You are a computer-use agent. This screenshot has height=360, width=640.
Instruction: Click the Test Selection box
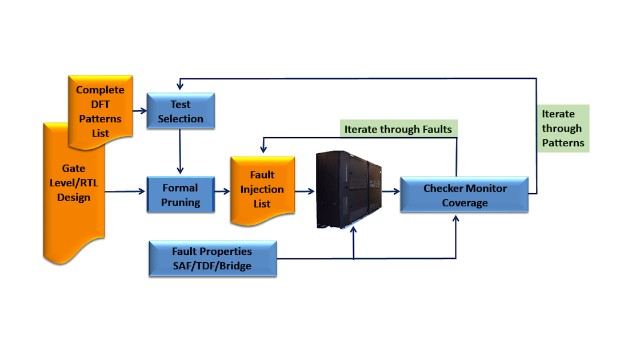pos(181,111)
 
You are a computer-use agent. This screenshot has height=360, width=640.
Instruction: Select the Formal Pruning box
pos(181,194)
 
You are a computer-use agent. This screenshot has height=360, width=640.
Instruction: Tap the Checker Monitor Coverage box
pos(464,195)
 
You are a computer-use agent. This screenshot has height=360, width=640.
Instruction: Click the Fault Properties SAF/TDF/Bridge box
pos(212,258)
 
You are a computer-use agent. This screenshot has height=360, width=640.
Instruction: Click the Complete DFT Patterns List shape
pos(100,111)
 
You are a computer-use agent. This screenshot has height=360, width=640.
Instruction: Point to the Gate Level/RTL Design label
pos(73,183)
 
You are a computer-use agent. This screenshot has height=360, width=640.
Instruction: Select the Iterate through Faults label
pos(398,129)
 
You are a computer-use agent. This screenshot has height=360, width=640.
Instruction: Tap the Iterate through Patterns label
pos(562,129)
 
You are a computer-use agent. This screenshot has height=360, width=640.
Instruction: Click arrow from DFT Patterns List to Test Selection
pos(139,111)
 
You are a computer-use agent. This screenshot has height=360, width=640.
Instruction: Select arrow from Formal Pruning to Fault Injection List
pos(222,193)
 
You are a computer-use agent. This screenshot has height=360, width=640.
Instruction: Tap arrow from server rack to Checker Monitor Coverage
pos(391,193)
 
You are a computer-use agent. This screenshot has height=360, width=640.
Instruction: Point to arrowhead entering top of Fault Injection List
pos(263,150)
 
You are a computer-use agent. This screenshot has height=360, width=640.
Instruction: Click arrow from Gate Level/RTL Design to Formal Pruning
pos(126,192)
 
